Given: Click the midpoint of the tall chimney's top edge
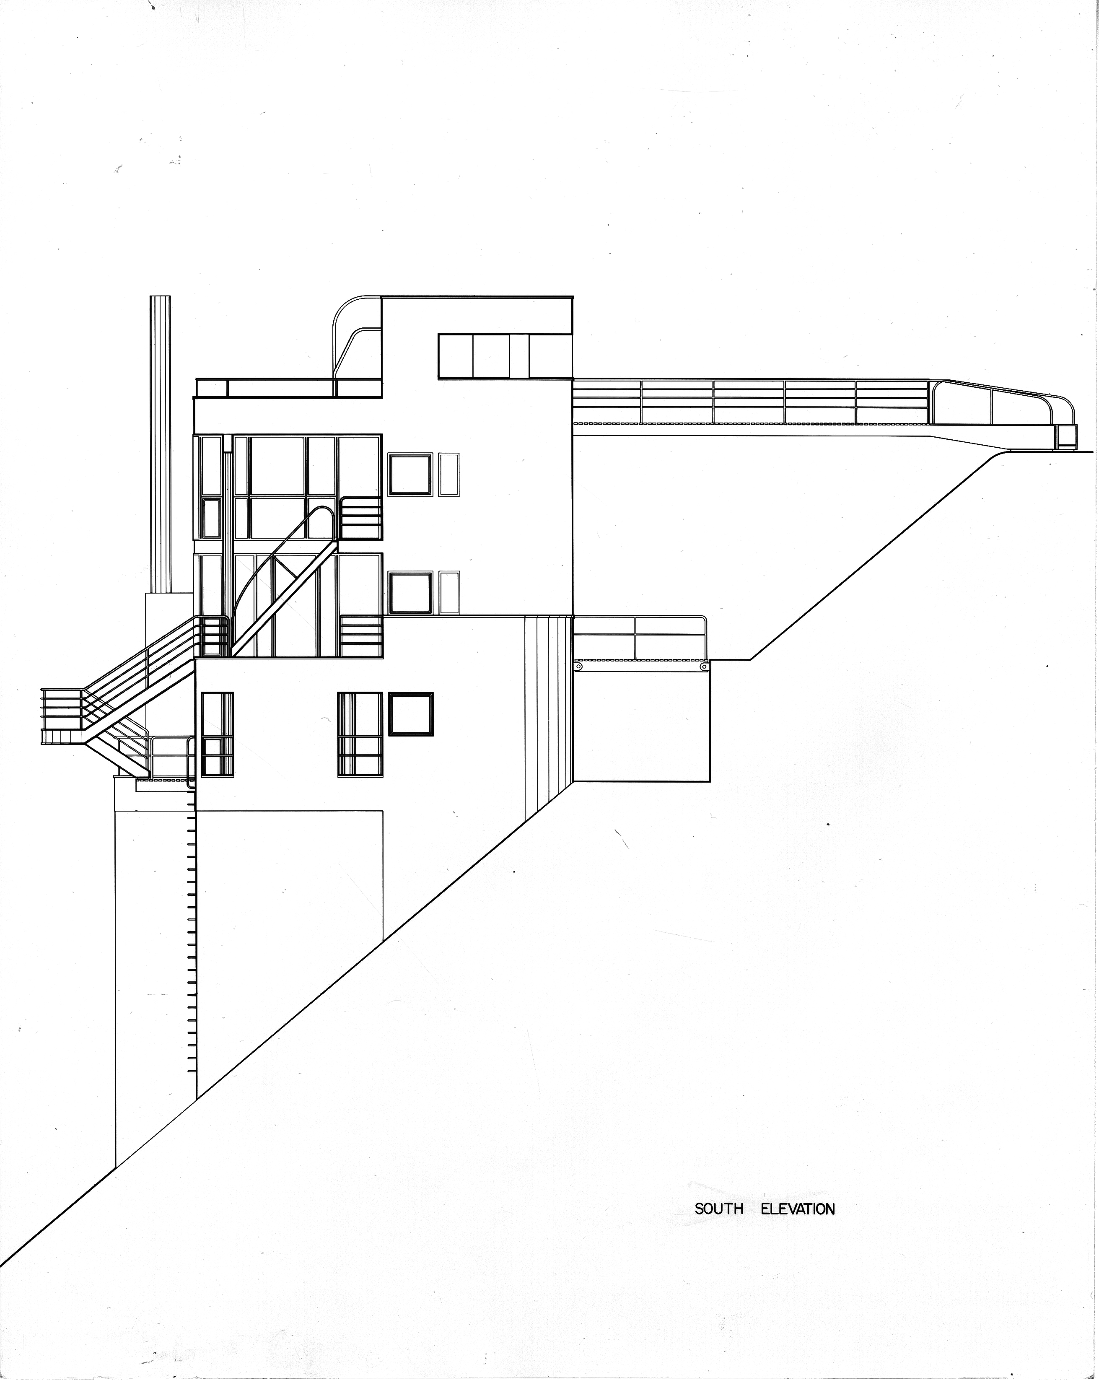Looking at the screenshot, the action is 160,295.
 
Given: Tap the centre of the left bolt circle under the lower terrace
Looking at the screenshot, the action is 579,667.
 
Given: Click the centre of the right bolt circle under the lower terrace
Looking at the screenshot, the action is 705,667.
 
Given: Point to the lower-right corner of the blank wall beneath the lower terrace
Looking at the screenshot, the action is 710,781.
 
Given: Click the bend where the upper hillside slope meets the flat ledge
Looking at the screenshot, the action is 751,659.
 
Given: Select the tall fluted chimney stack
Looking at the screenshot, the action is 160,444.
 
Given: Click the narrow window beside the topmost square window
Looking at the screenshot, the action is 449,474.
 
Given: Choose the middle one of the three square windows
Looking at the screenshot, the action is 410,593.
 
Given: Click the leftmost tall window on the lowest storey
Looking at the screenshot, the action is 217,734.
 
